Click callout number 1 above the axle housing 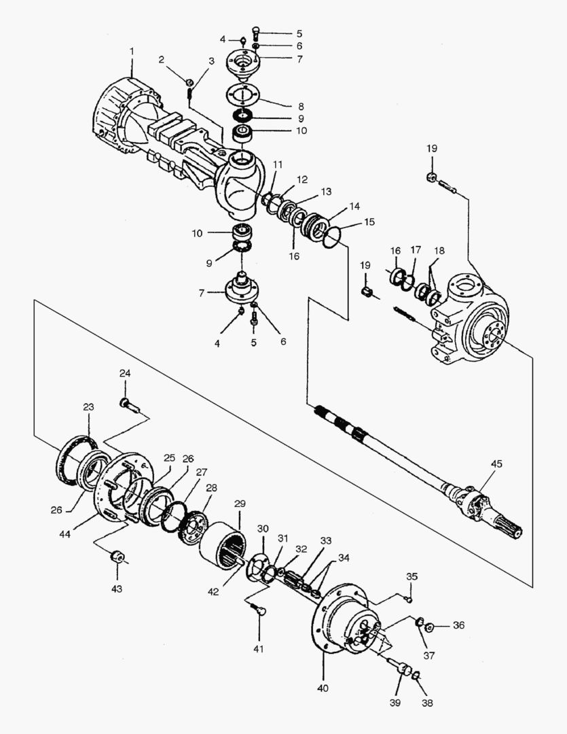coord(132,50)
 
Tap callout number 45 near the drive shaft coord(496,464)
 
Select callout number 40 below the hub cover coord(323,688)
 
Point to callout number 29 coord(240,504)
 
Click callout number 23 coord(88,407)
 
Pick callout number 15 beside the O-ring coord(369,222)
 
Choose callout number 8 coord(301,107)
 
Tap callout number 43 coord(117,589)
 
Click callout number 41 coord(259,649)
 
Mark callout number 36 coord(459,625)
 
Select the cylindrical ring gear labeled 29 coord(223,545)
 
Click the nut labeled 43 coord(117,557)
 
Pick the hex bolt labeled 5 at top coord(255,34)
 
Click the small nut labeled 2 coord(189,83)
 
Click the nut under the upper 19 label coord(433,177)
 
